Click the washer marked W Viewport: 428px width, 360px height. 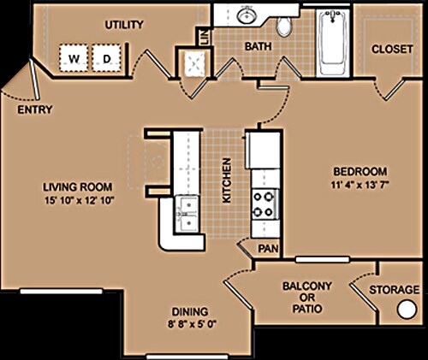[73, 59]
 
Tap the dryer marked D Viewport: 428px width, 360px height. [106, 59]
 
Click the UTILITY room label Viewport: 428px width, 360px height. [123, 26]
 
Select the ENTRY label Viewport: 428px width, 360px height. [34, 109]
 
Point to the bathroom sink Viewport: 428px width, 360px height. [247, 15]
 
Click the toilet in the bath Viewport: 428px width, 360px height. [283, 24]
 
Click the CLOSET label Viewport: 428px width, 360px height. [392, 49]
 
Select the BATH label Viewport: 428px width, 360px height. [258, 47]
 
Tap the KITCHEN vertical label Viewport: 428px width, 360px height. [227, 180]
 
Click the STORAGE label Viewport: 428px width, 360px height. [393, 290]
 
